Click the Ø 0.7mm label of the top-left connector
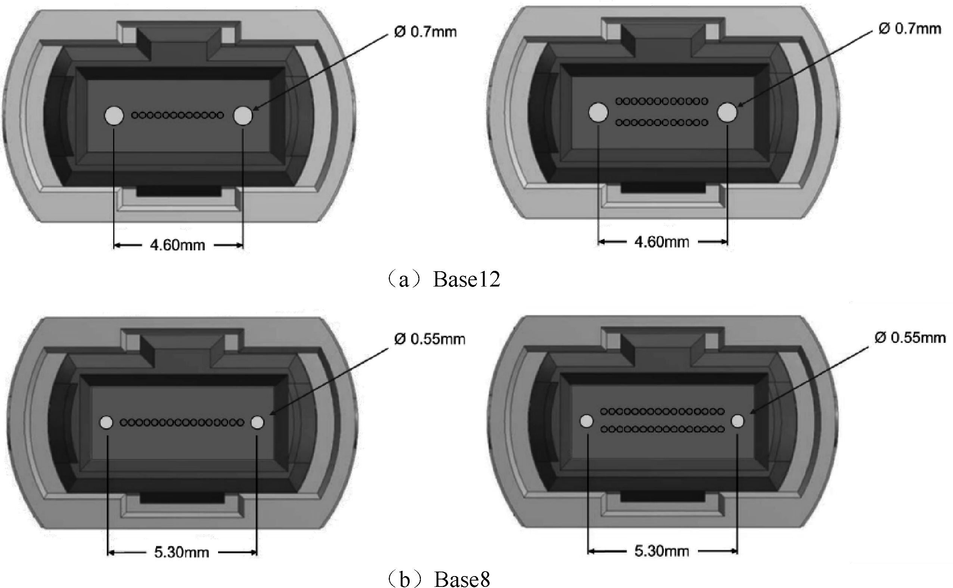point(425,31)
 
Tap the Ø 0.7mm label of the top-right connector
point(910,28)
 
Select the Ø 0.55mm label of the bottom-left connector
point(429,339)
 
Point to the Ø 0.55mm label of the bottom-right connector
point(910,337)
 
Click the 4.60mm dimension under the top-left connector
point(177,245)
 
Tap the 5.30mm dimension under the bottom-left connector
point(182,552)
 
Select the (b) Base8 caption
point(438,579)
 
